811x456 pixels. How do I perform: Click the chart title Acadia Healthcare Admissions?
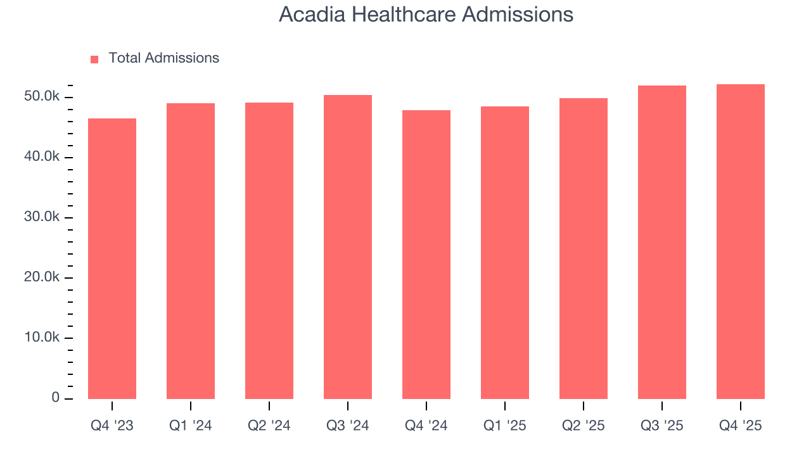tap(426, 15)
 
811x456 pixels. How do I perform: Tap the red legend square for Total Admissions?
tap(94, 60)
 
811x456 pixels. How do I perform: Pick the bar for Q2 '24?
tap(269, 251)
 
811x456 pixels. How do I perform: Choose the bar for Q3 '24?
tap(348, 247)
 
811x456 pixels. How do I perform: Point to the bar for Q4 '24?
tap(426, 255)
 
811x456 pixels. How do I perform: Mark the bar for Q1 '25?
tap(505, 253)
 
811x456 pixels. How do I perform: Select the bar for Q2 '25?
tap(584, 248)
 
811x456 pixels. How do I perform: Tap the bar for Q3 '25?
tap(662, 242)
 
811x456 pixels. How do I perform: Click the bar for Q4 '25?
tap(741, 241)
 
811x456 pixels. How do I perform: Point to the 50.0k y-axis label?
tap(42, 97)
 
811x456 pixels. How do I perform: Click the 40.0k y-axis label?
tap(42, 157)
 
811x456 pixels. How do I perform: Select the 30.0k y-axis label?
tap(42, 217)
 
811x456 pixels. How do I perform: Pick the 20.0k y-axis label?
tap(42, 277)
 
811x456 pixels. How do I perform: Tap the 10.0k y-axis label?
tap(42, 338)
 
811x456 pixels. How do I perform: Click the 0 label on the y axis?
tap(55, 398)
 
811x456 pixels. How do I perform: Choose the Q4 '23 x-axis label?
tap(112, 426)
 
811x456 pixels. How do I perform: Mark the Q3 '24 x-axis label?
tap(348, 426)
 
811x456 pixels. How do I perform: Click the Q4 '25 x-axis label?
tap(741, 426)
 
